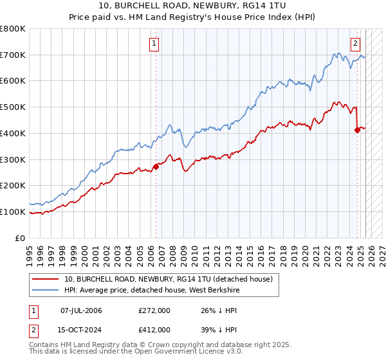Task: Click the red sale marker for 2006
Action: click(x=156, y=166)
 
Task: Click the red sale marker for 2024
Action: click(x=358, y=130)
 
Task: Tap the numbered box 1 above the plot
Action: click(x=155, y=44)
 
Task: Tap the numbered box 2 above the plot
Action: click(x=355, y=44)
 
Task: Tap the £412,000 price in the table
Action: click(x=154, y=329)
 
